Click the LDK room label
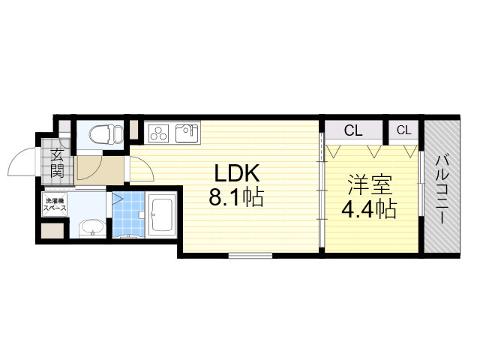[x=237, y=174]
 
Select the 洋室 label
[x=367, y=184]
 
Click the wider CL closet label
[x=353, y=130]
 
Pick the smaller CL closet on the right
[x=403, y=130]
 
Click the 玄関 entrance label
[x=56, y=163]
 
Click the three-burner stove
[x=160, y=133]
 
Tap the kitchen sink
[x=186, y=133]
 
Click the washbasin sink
[x=91, y=226]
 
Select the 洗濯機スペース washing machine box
[x=55, y=205]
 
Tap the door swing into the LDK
[x=142, y=169]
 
